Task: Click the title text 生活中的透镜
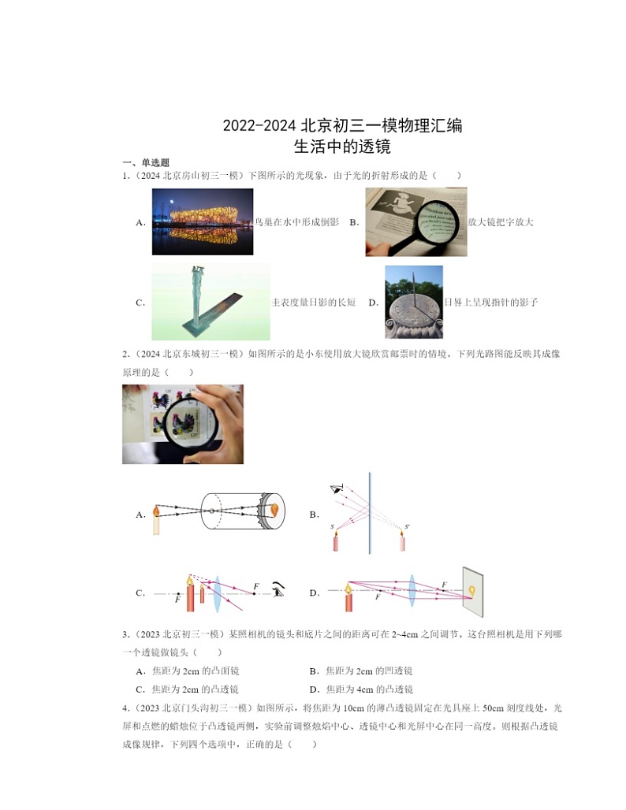point(342,147)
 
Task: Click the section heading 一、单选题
point(145,163)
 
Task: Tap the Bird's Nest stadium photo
point(203,221)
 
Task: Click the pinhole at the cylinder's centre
point(211,511)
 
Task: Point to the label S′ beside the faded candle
point(407,526)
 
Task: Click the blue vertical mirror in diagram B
point(370,512)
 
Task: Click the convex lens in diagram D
point(412,591)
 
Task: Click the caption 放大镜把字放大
point(501,222)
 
